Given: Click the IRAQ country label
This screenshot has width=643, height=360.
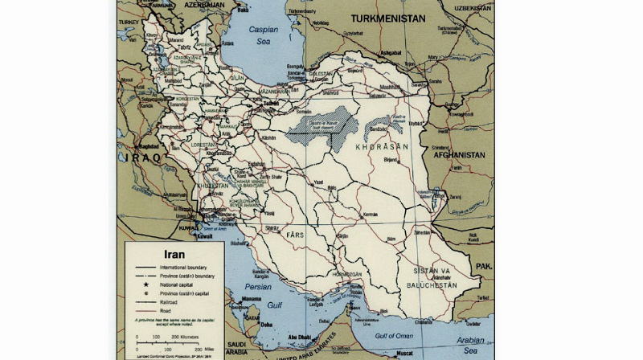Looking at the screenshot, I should (142, 158).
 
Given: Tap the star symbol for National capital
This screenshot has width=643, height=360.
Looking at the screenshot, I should (149, 284).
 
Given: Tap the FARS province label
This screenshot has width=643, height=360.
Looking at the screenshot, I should (294, 235).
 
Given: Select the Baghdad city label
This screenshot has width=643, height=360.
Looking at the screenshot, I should (148, 147).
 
